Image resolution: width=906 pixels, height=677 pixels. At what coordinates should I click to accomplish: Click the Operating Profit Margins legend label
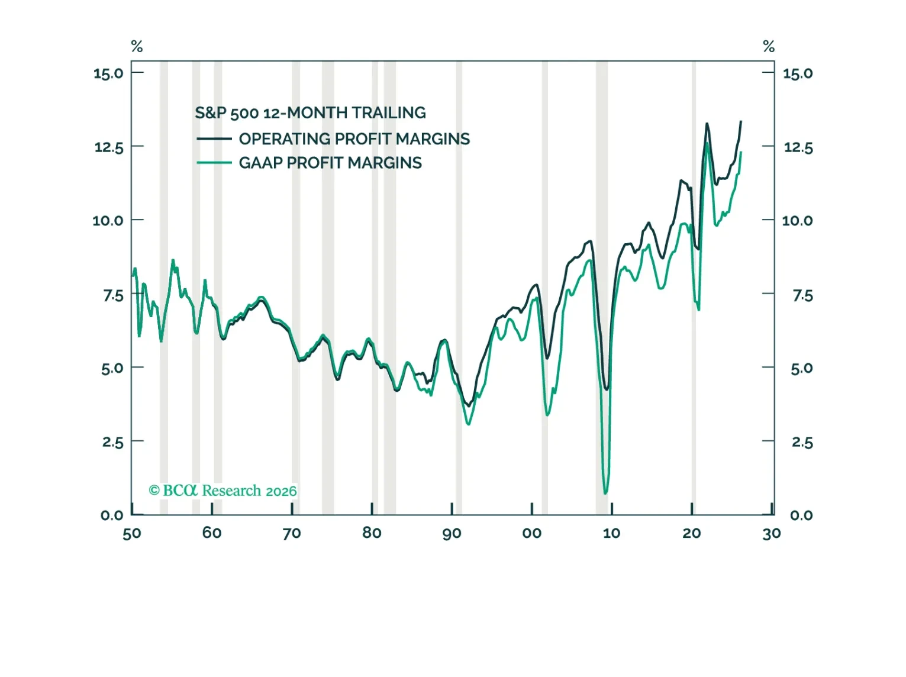click(354, 138)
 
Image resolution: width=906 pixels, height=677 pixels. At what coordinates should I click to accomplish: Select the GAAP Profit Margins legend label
click(330, 163)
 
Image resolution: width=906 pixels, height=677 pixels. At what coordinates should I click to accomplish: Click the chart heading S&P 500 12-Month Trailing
click(310, 112)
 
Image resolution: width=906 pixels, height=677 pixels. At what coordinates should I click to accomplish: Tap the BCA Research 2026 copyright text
click(223, 491)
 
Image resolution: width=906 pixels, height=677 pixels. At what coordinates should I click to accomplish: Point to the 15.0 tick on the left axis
click(108, 73)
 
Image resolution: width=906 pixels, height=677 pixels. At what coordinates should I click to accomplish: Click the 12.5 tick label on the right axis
click(798, 147)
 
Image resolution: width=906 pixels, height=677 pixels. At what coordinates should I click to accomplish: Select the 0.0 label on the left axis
click(112, 515)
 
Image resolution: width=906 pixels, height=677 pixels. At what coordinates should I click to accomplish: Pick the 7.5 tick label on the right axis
click(803, 295)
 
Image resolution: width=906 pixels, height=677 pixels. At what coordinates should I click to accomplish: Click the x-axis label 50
click(132, 534)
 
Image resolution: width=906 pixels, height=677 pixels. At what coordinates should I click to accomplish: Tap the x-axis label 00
click(531, 533)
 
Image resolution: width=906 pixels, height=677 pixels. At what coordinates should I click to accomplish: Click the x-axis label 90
click(452, 534)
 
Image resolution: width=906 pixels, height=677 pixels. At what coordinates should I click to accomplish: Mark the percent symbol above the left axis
click(137, 46)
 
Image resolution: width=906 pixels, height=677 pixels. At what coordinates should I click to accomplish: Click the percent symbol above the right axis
click(769, 46)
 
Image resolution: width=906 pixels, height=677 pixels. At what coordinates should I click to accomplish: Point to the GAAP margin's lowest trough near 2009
click(605, 493)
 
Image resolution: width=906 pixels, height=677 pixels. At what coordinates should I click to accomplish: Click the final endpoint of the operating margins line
click(741, 121)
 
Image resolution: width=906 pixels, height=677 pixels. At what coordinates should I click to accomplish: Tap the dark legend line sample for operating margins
click(214, 138)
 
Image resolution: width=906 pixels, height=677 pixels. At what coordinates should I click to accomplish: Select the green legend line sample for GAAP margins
click(214, 163)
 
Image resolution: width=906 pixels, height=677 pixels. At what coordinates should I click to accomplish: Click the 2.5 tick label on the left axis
click(112, 442)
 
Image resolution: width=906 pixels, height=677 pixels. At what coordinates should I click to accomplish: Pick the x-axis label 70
click(291, 534)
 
